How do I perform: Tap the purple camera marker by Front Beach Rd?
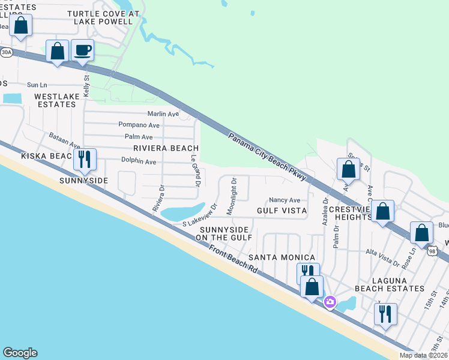pos(330,302)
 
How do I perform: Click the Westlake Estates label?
pos(55,100)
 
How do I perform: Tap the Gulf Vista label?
pos(282,211)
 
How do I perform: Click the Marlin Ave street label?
pos(163,114)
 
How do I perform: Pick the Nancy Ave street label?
pos(284,200)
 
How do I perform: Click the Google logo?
pos(20,353)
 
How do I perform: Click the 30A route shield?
pos(6,53)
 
